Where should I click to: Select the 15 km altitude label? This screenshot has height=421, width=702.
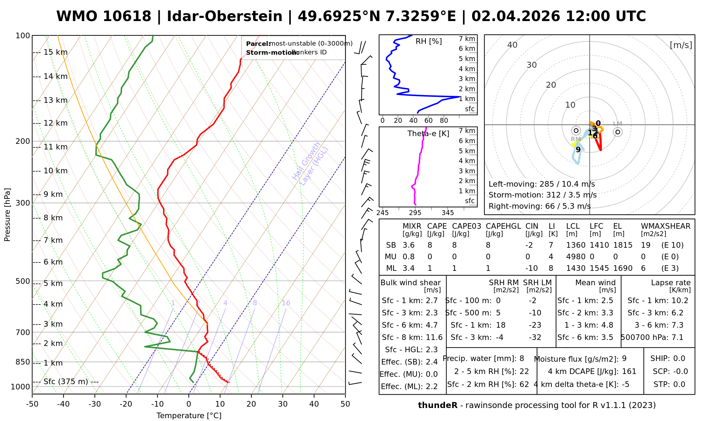[x=55, y=52]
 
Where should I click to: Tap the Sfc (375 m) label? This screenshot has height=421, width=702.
[x=66, y=381]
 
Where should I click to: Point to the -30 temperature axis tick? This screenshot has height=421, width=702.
[x=95, y=404]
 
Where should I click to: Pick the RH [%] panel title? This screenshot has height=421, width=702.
[x=429, y=41]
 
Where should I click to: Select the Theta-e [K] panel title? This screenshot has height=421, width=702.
[x=428, y=133]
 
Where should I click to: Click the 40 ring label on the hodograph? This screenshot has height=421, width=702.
[x=512, y=45]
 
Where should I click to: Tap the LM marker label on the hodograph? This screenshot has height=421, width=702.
[x=617, y=123]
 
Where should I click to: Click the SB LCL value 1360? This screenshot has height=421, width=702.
[x=576, y=245]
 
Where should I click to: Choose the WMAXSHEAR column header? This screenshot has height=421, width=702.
[x=665, y=226]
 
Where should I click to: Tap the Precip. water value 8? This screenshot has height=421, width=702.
[x=522, y=359]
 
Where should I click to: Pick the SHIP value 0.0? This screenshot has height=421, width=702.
[x=679, y=359]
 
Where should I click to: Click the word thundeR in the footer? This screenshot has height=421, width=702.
[x=437, y=406]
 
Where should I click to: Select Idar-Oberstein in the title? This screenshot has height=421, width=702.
[x=225, y=16]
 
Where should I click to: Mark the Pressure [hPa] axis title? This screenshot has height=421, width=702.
[x=7, y=215]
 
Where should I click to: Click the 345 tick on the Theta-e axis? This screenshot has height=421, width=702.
[x=448, y=213]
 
